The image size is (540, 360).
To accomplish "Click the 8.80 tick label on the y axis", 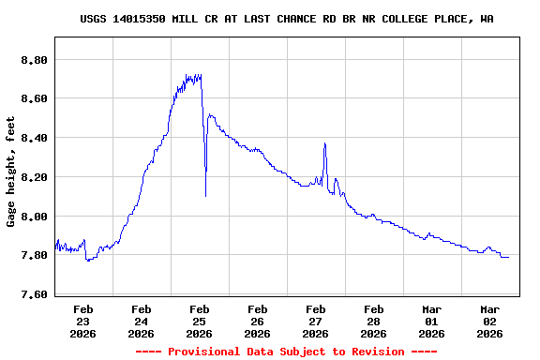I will pos(34,59).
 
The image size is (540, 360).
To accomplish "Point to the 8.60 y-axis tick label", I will pos(34,98).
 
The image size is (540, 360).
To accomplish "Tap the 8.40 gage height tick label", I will pos(34,138).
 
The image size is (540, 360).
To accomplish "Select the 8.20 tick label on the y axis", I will pos(34,177).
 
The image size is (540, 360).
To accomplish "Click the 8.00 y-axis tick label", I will pos(34,217).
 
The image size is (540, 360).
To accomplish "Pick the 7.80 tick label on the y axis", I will pos(34,256).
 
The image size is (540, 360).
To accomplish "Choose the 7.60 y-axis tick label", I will pos(34,295).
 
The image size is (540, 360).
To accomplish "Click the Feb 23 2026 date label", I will pos(82,321).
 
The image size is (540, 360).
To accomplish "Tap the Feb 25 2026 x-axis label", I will pos(199,321).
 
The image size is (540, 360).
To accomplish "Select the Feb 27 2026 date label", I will pos(315,321).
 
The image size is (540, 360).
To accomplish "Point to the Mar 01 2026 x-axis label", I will pos(431,321).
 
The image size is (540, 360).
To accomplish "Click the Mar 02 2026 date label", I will pos(489,321).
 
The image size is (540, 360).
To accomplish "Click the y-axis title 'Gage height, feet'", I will pos(11,171).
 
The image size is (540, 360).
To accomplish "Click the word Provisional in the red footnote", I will pos(202,352).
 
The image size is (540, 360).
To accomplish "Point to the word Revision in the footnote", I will pos(375,352).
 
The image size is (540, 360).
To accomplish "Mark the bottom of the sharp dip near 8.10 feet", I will pos(206,195).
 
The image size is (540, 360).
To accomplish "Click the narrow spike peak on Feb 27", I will pos(324,143).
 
